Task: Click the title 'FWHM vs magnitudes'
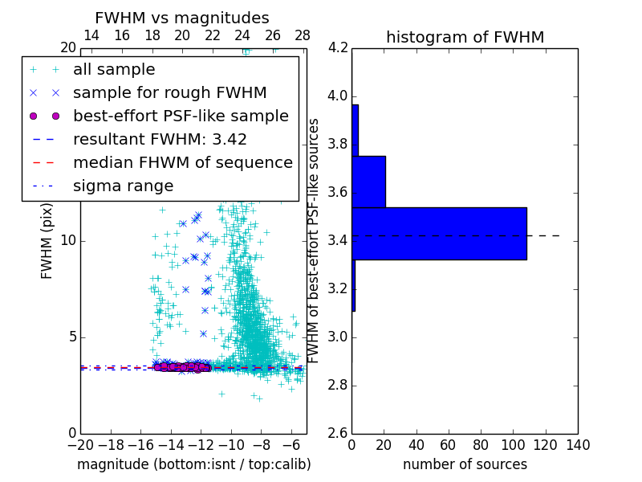click(181, 18)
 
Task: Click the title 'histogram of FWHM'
click(465, 37)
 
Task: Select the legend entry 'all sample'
click(114, 70)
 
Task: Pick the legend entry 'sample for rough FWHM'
click(169, 93)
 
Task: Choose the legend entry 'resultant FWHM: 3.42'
click(160, 139)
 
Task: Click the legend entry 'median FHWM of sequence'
click(182, 162)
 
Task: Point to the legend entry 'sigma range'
click(123, 186)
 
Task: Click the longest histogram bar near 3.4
click(439, 233)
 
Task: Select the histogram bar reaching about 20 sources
click(368, 181)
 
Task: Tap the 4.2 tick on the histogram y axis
click(337, 48)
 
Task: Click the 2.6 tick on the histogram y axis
click(337, 433)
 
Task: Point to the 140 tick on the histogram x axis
click(577, 444)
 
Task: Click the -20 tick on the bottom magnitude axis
click(80, 444)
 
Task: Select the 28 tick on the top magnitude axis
click(303, 35)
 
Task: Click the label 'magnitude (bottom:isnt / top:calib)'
click(193, 464)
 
